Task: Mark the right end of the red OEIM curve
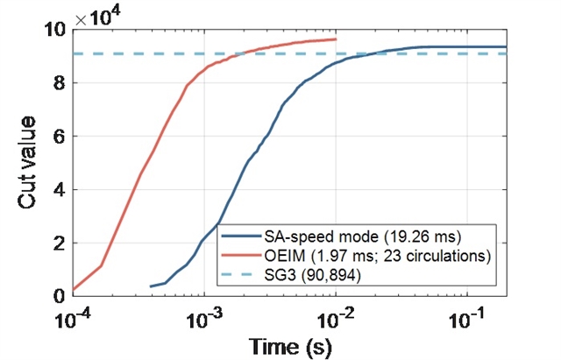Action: (x=336, y=39)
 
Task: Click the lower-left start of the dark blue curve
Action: (x=151, y=286)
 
